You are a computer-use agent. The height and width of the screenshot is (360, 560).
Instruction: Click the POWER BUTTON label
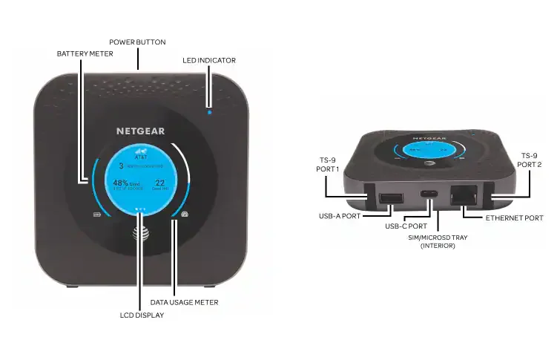click(138, 42)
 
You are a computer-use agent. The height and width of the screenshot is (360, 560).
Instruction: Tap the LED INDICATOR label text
click(209, 59)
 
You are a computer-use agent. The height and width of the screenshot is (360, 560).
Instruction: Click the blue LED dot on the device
click(210, 113)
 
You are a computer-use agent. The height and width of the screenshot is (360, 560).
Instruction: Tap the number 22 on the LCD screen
click(159, 183)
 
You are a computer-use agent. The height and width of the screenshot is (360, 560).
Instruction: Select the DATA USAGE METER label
click(185, 302)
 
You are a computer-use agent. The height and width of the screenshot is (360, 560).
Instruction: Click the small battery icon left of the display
click(96, 216)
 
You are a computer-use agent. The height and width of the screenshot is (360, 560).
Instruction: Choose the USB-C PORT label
click(406, 225)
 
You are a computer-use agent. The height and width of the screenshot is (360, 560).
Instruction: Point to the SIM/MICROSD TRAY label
click(438, 241)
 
